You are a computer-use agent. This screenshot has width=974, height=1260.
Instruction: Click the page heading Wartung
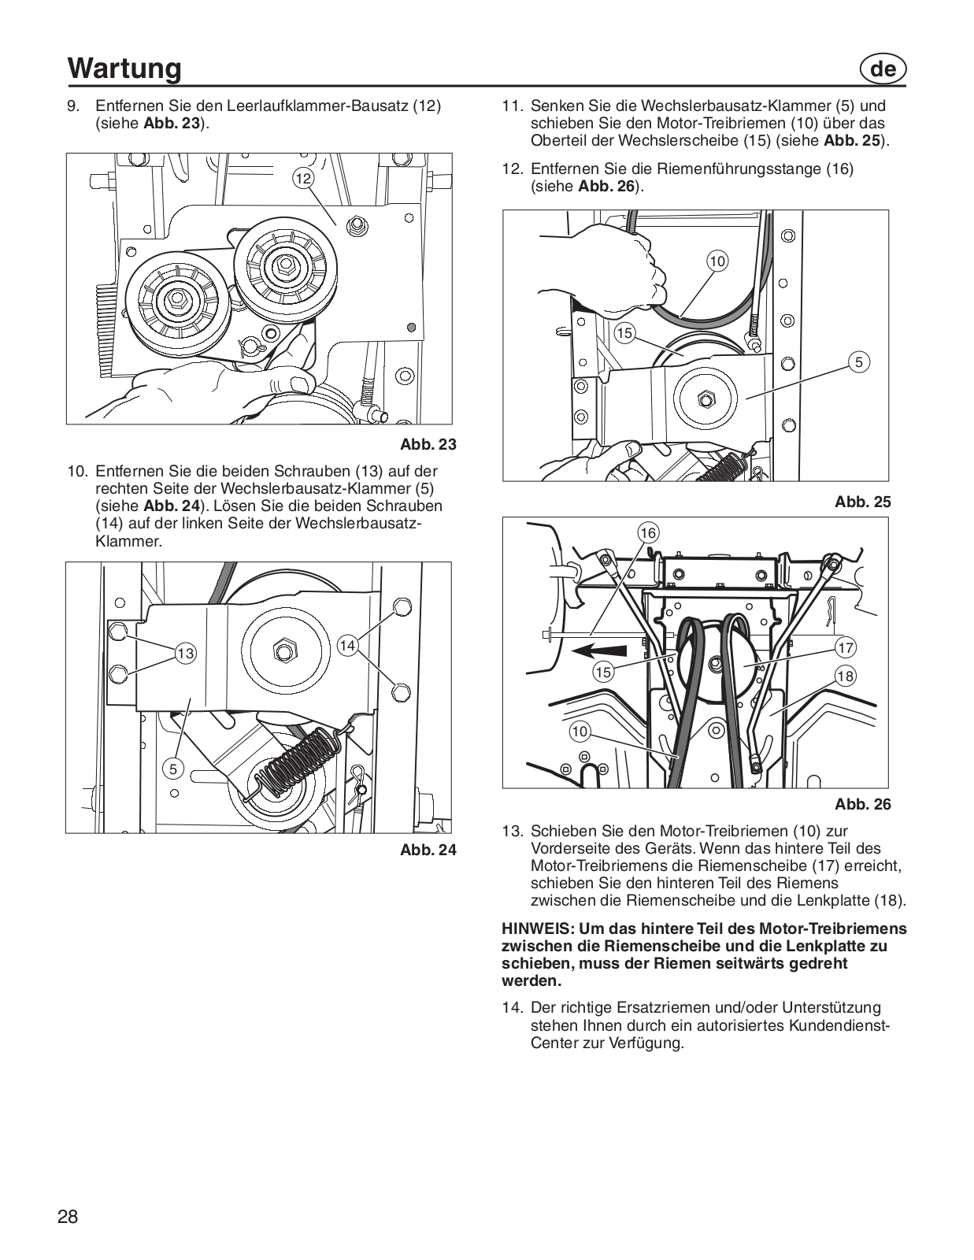[124, 68]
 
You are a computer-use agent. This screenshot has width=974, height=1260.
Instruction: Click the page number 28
[68, 1217]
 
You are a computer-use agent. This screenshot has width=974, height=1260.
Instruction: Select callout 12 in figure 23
[304, 179]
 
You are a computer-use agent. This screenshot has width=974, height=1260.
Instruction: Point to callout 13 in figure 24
[185, 653]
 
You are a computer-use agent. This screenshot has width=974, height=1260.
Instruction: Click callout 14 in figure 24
[347, 646]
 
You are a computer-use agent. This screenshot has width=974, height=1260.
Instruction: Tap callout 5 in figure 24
[173, 768]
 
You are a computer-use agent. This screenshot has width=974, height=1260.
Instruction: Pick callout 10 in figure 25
[717, 261]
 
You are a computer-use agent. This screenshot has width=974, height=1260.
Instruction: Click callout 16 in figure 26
[647, 533]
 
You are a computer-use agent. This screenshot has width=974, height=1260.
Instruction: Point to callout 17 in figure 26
[845, 648]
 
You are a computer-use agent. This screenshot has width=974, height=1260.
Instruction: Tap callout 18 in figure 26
[845, 676]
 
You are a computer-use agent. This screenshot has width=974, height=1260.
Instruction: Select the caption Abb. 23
[428, 444]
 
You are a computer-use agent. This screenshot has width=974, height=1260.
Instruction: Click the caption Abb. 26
[863, 804]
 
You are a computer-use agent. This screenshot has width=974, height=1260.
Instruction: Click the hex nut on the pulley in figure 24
[283, 650]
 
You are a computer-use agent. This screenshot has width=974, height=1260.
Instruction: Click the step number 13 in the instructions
[513, 831]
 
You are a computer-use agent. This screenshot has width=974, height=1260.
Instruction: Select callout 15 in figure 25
[624, 333]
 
